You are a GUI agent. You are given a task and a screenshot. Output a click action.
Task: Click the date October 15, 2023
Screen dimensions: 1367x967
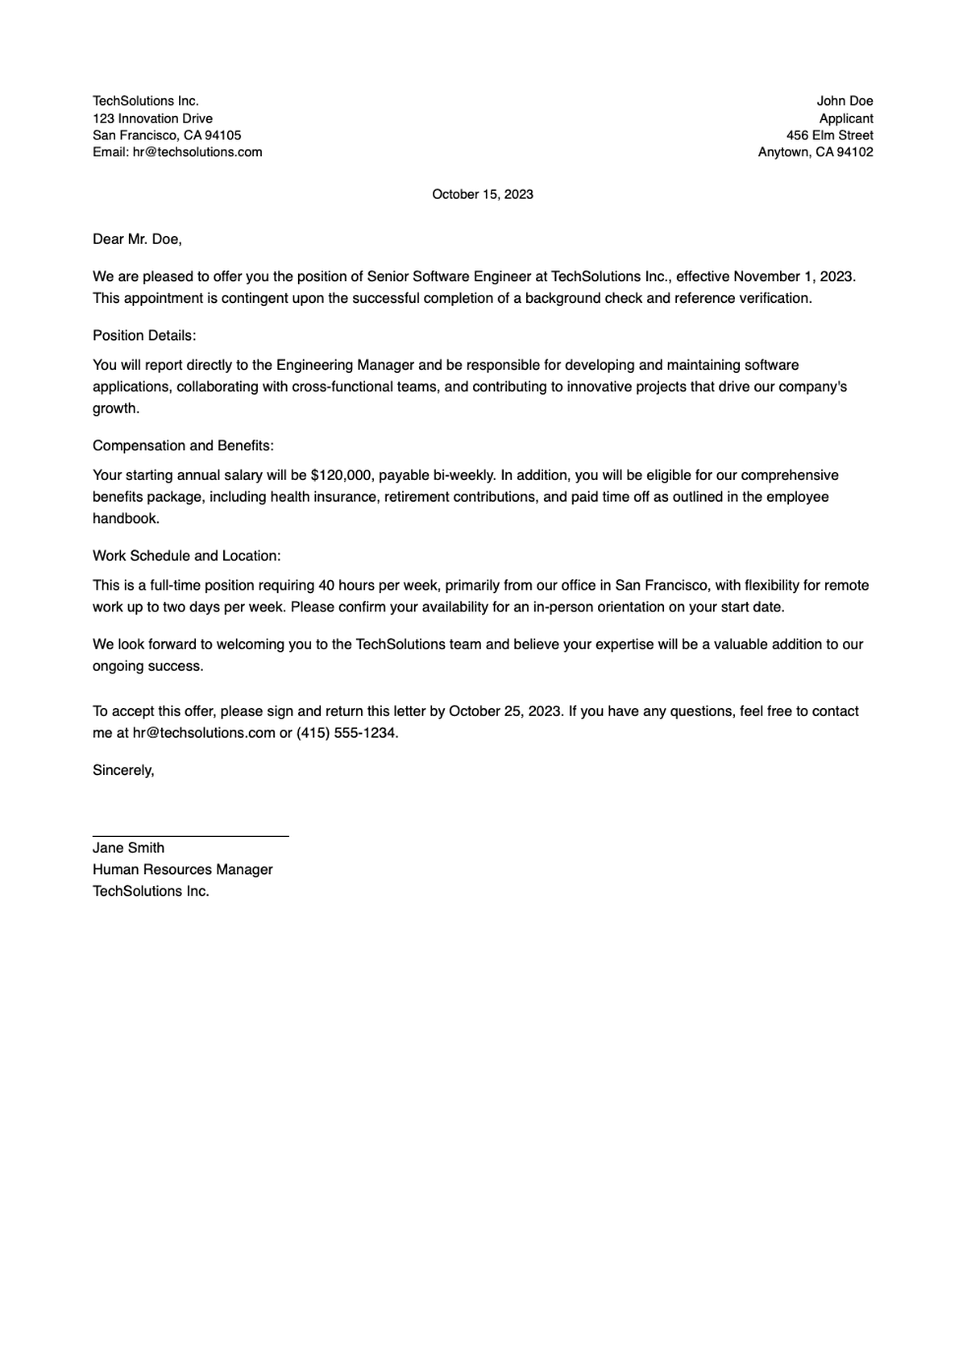point(482,194)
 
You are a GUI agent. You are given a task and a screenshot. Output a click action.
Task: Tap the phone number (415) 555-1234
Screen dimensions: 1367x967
point(347,733)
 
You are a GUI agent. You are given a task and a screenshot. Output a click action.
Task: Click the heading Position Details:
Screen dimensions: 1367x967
point(144,335)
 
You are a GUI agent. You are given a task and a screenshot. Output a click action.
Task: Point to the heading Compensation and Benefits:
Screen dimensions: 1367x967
point(183,445)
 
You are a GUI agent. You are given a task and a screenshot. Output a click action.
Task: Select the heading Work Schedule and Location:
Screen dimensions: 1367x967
point(186,556)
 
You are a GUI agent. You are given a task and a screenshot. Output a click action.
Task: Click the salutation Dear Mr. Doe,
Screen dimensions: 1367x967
point(137,239)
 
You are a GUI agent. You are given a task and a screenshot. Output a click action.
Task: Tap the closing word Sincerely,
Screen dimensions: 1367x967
point(123,770)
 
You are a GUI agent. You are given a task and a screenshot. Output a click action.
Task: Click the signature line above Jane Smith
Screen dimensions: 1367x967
point(190,836)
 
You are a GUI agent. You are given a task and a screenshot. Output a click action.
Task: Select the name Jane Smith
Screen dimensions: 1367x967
point(128,847)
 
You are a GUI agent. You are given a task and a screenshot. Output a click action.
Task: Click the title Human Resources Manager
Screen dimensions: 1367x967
point(182,869)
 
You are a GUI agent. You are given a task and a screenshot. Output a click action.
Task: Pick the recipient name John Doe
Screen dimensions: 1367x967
point(845,101)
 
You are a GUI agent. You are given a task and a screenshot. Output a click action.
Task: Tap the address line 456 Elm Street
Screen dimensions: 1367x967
point(829,135)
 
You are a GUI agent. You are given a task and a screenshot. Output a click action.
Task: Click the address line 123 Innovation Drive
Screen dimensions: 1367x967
point(152,118)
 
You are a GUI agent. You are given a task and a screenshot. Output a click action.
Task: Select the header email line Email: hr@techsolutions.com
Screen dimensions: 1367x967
point(177,152)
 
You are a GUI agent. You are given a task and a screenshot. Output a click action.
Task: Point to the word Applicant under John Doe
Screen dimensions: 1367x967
point(846,118)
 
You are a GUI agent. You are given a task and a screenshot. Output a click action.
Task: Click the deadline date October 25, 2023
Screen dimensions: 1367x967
point(504,711)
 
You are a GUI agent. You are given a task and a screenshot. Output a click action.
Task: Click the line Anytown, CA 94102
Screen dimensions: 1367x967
point(815,152)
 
